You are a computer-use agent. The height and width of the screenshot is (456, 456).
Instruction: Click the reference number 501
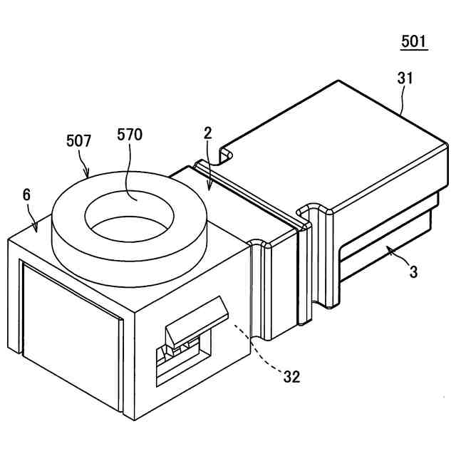click(x=414, y=41)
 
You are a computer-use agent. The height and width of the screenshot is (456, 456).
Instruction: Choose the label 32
click(x=291, y=377)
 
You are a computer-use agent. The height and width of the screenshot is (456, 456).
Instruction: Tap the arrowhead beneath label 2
click(x=208, y=190)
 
